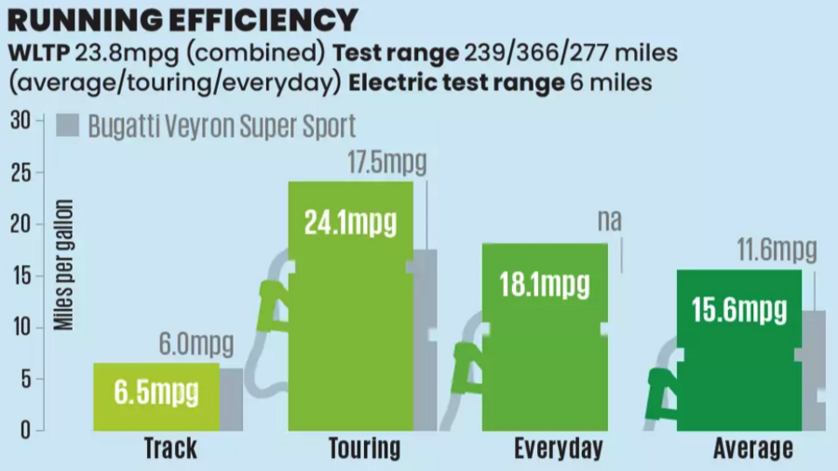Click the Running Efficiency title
tap(182, 20)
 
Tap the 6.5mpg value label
tap(157, 392)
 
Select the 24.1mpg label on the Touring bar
tap(350, 223)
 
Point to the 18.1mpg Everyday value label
tap(545, 285)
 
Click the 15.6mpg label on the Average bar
tap(739, 310)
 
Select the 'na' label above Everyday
tap(609, 221)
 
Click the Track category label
tap(170, 449)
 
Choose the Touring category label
tap(364, 449)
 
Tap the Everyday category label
tap(559, 449)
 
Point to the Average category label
tap(753, 449)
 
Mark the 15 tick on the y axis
tap(21, 276)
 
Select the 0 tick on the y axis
tap(26, 430)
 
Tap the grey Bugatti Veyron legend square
tap(67, 127)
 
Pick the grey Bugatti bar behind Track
tap(231, 398)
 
